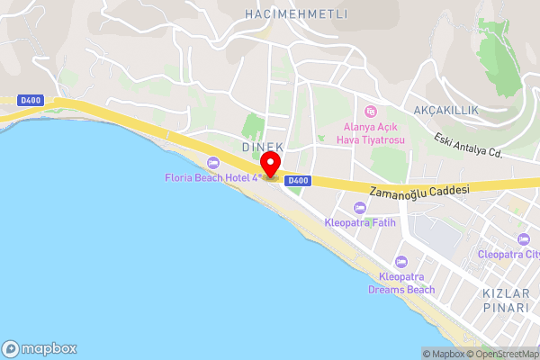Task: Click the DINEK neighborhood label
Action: point(263,147)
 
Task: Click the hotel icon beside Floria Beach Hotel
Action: point(213,162)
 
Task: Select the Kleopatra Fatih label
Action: point(360,221)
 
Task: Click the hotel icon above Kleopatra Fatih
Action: point(360,208)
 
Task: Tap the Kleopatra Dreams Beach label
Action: point(401,283)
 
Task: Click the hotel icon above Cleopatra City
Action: point(524,238)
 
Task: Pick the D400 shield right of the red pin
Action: point(299,181)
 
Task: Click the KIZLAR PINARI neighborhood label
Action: point(505,301)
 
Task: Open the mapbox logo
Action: point(40,348)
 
